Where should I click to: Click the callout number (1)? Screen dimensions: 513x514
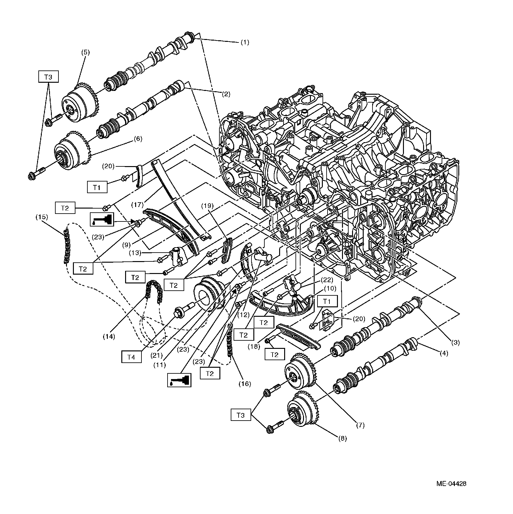click(245, 42)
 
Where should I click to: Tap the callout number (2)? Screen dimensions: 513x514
click(226, 94)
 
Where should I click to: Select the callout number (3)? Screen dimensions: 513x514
click(455, 343)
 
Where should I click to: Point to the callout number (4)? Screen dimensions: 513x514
click(444, 353)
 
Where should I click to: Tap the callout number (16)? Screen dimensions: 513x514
click(245, 383)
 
